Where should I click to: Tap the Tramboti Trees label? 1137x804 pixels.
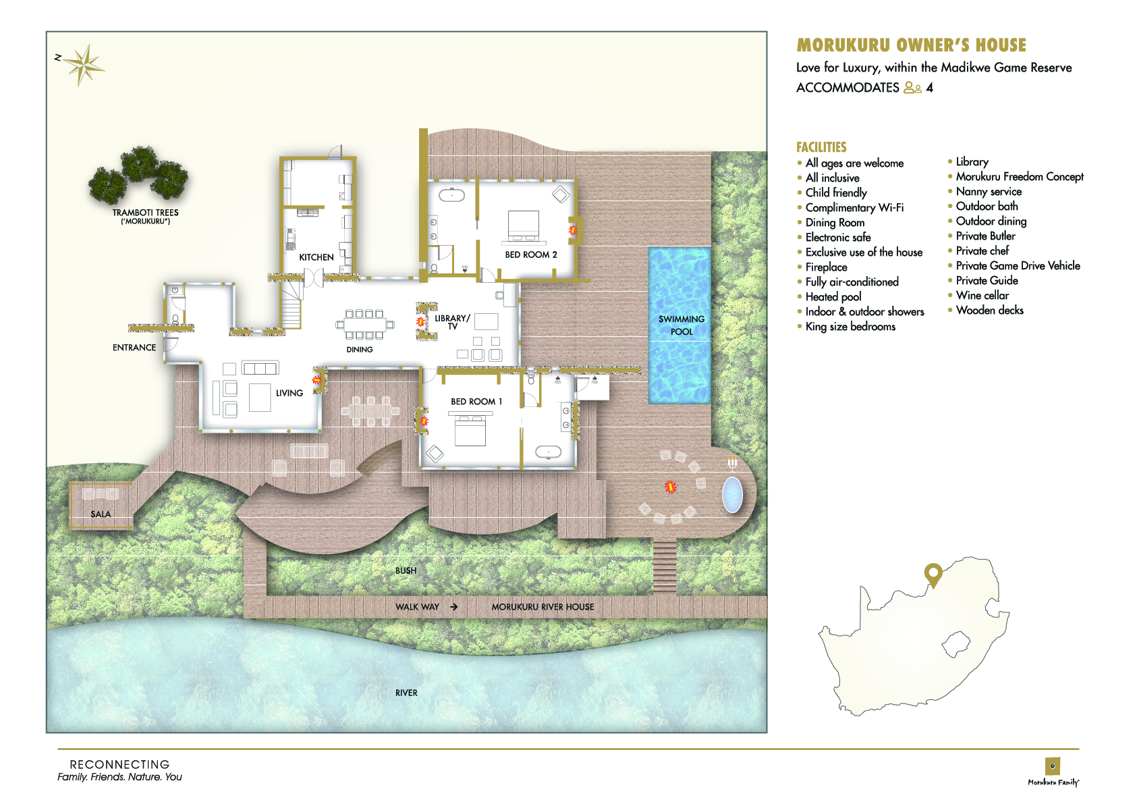[146, 217]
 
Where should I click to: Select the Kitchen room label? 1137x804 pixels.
[316, 257]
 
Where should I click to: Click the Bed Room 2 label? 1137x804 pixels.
[531, 255]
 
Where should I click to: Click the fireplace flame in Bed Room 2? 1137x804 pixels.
[573, 231]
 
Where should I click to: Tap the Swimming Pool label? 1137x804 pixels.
[682, 325]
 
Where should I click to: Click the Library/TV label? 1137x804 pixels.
[452, 322]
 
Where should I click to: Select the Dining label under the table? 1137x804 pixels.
[360, 350]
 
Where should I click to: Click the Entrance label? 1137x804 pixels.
[134, 348]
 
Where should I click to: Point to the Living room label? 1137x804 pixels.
[289, 393]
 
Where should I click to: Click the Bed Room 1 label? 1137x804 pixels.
[476, 401]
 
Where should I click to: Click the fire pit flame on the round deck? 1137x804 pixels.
[671, 487]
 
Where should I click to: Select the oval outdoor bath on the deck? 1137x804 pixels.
[732, 494]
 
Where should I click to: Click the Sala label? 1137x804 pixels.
[101, 514]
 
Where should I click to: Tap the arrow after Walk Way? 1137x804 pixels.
[453, 606]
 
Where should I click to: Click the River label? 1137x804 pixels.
[406, 693]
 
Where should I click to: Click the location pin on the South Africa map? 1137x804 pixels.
[933, 575]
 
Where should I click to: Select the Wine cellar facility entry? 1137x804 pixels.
[982, 296]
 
